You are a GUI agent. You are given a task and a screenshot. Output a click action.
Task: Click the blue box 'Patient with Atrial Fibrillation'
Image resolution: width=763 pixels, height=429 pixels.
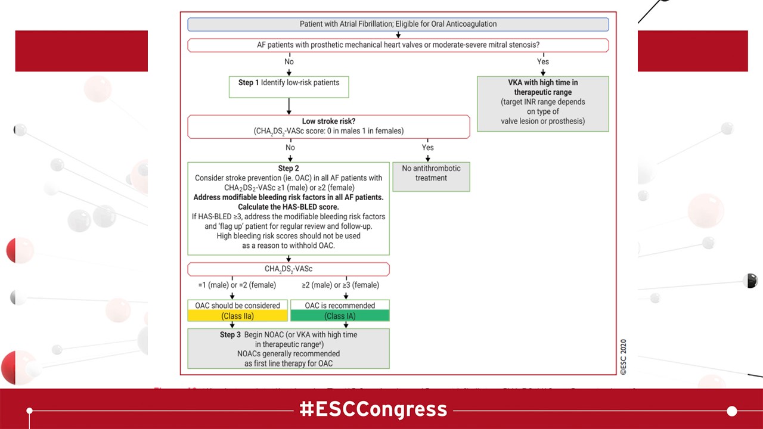[398, 24]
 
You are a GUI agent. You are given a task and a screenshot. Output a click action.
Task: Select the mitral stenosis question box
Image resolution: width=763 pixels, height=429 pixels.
[398, 45]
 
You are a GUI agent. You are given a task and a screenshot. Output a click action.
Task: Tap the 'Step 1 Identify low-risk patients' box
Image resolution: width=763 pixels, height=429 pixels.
[289, 86]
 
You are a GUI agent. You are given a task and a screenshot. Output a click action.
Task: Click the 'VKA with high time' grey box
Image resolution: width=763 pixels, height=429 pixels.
[542, 104]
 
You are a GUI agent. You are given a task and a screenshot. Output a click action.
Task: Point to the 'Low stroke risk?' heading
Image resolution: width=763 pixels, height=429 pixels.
[328, 122]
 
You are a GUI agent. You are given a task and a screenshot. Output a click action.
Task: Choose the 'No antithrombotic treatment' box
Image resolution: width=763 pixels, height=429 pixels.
[432, 176]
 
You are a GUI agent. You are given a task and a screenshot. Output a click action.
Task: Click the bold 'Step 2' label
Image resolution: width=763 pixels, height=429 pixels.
[289, 169]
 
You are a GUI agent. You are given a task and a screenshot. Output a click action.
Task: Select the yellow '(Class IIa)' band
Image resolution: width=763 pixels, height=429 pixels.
[237, 316]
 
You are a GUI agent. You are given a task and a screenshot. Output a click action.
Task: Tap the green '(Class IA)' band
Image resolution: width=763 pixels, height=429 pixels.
[340, 316]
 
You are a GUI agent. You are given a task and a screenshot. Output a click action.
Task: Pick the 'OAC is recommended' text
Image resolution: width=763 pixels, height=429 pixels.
[340, 306]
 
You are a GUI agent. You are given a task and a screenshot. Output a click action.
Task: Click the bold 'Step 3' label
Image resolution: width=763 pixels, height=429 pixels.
[230, 335]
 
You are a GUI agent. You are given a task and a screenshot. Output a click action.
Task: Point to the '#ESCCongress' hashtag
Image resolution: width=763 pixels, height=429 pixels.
[374, 410]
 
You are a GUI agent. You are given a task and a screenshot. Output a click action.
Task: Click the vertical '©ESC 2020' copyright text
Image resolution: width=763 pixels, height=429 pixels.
[623, 357]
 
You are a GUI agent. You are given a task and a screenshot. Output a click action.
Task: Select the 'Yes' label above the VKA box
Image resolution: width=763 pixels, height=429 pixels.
[542, 61]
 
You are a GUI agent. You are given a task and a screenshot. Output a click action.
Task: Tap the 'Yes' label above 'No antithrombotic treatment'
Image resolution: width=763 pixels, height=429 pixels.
[427, 147]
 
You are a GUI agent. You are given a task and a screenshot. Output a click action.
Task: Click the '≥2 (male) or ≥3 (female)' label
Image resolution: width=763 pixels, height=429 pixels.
[340, 285]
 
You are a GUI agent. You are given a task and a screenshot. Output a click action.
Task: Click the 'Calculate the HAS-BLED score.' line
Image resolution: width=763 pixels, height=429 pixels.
[289, 207]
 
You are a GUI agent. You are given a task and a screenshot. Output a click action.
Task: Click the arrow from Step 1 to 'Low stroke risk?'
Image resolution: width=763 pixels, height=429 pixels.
[289, 106]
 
